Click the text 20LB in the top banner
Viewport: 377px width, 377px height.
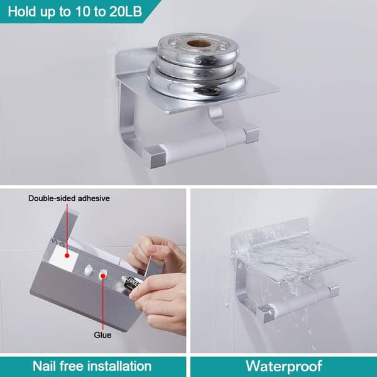[x=126, y=11]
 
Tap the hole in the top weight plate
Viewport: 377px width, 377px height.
[x=199, y=44]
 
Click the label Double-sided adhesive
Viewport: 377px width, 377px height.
[x=69, y=199]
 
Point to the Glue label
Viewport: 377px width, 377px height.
[x=102, y=335]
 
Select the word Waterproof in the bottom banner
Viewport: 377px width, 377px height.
[x=284, y=366]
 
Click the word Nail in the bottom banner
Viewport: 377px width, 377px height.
[x=44, y=366]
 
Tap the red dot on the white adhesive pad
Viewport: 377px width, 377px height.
[x=67, y=256]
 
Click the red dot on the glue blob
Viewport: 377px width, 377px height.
[x=103, y=276]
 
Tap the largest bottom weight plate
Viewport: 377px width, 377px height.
[x=197, y=81]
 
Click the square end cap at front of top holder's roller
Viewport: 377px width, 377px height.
[x=155, y=156]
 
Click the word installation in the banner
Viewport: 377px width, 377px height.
[x=119, y=366]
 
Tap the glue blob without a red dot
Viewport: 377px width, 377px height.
[x=89, y=270]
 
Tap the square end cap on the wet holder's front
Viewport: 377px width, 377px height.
[x=266, y=314]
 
